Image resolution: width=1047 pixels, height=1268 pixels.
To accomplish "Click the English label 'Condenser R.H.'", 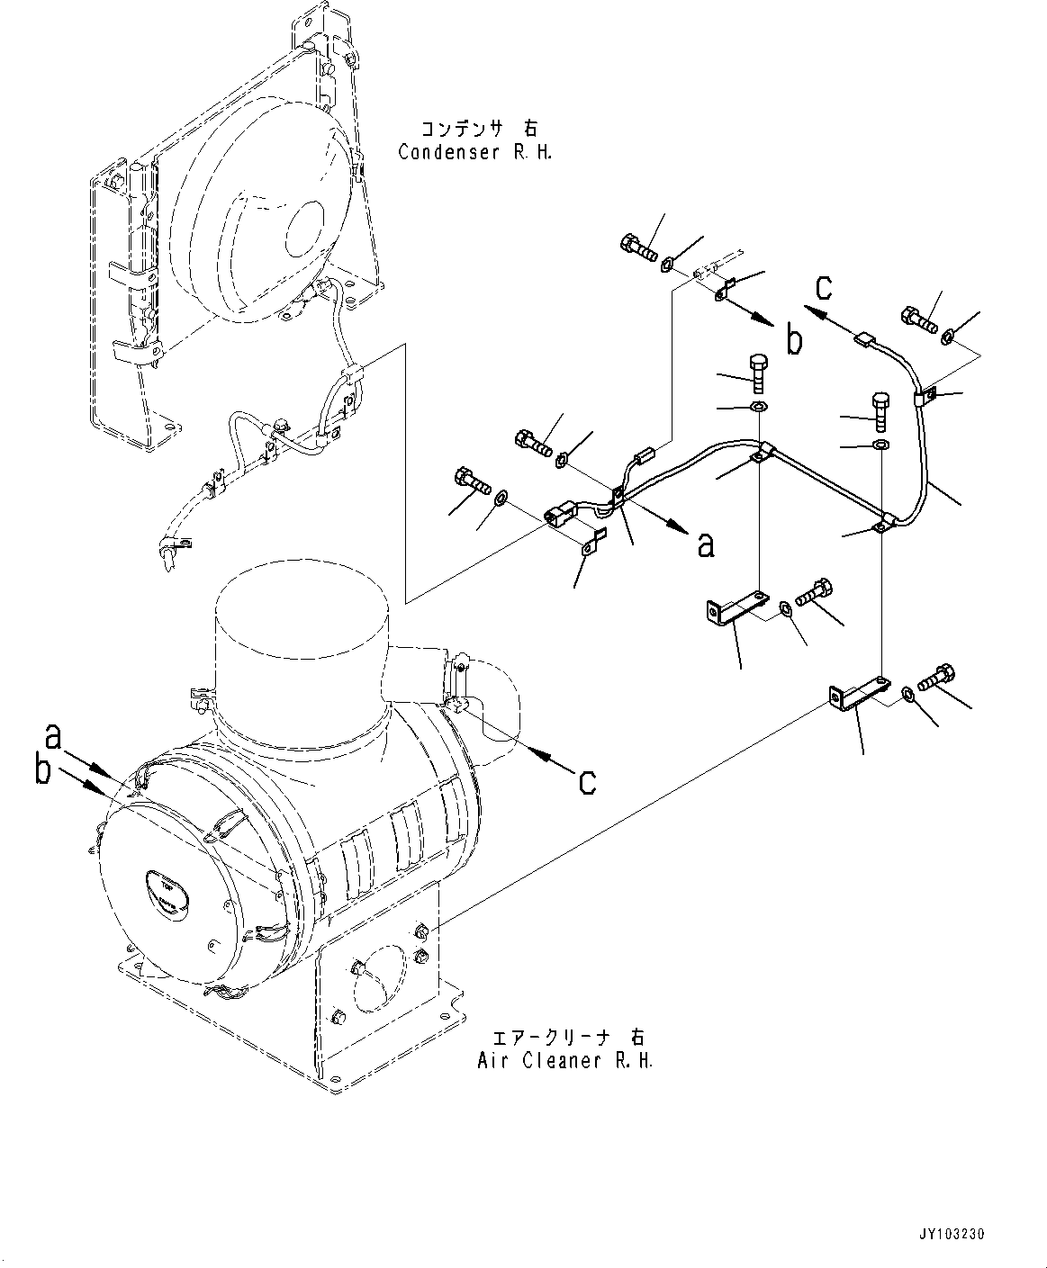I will [x=474, y=152].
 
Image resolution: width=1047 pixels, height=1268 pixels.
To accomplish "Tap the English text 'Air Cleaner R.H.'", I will [x=564, y=1060].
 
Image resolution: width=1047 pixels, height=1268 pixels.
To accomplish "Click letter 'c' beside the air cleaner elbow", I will [x=587, y=781].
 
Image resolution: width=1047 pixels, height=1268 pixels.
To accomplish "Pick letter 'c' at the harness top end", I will [x=823, y=288].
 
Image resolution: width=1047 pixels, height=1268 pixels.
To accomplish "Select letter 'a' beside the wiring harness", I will [x=706, y=544].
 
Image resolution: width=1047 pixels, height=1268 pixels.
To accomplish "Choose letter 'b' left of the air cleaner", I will [x=42, y=771].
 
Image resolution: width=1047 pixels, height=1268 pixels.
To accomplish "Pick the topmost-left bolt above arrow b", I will [x=637, y=245].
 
